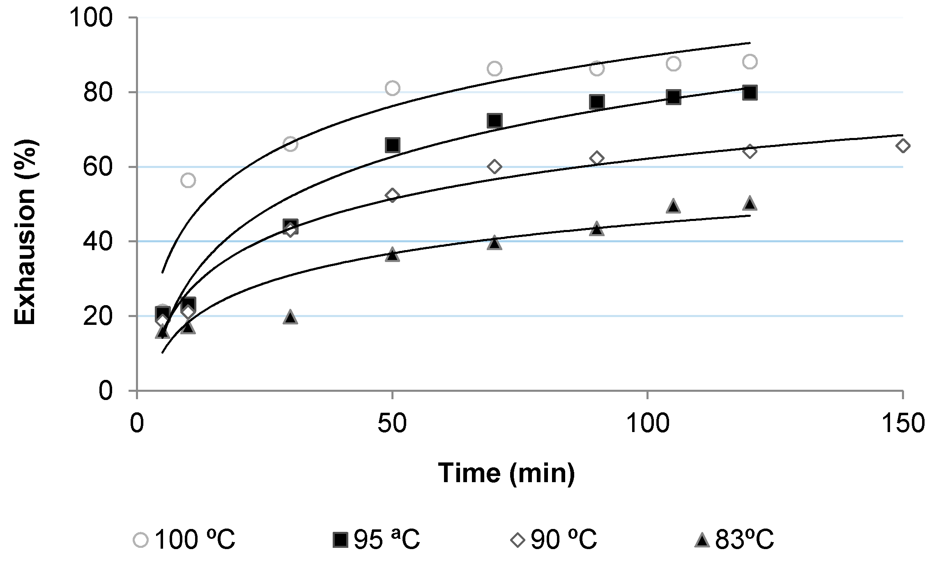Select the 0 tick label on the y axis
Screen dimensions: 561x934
(106, 391)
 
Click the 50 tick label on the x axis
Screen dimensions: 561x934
(392, 423)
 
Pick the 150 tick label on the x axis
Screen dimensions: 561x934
(902, 423)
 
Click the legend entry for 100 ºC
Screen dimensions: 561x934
(185, 539)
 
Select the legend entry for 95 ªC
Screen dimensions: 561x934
(377, 539)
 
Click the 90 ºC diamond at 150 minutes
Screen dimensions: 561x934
(902, 146)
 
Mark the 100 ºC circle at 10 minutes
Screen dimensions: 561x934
(188, 180)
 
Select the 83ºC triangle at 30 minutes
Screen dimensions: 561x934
(290, 317)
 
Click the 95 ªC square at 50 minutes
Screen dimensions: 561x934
(393, 145)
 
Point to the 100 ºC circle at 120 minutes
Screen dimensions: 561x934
(750, 62)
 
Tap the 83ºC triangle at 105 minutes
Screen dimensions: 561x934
(673, 206)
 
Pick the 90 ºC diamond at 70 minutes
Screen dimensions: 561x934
(495, 167)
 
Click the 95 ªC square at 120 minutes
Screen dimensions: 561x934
(750, 93)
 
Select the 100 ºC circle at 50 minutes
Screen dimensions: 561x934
(393, 88)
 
